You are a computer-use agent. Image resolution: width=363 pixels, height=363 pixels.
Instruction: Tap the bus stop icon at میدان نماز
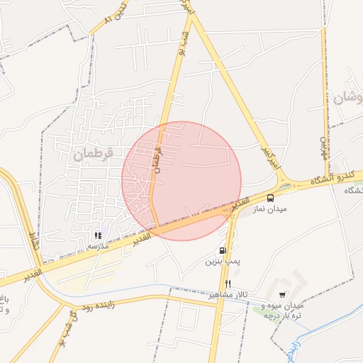coord(270,198)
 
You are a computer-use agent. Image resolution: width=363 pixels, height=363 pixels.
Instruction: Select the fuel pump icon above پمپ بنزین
coord(223,250)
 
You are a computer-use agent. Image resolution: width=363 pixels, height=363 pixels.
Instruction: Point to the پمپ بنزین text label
coord(223,262)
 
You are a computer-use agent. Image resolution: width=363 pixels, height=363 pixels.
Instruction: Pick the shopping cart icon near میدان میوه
coord(282,295)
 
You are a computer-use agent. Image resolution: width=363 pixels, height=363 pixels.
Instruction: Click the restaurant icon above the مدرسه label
coord(98,235)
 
